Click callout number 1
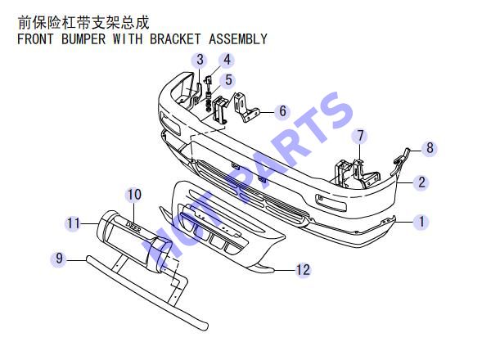coord(421,222)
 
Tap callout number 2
coord(421,182)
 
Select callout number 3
coord(200,60)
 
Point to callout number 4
coord(227,60)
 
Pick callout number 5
coord(228,80)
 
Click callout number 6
coord(282,110)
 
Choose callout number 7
coord(360,136)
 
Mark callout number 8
coord(430,148)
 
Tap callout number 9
coord(59,259)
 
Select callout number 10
coord(133,195)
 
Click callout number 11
coord(74,223)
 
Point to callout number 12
coord(303,269)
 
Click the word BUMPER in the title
coord(83,39)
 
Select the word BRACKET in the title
coord(175,39)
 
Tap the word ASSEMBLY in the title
coord(238,39)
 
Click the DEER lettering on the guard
coord(133,227)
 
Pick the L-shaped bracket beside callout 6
coord(246,107)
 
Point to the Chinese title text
coord(83,22)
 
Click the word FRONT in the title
coord(35,39)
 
